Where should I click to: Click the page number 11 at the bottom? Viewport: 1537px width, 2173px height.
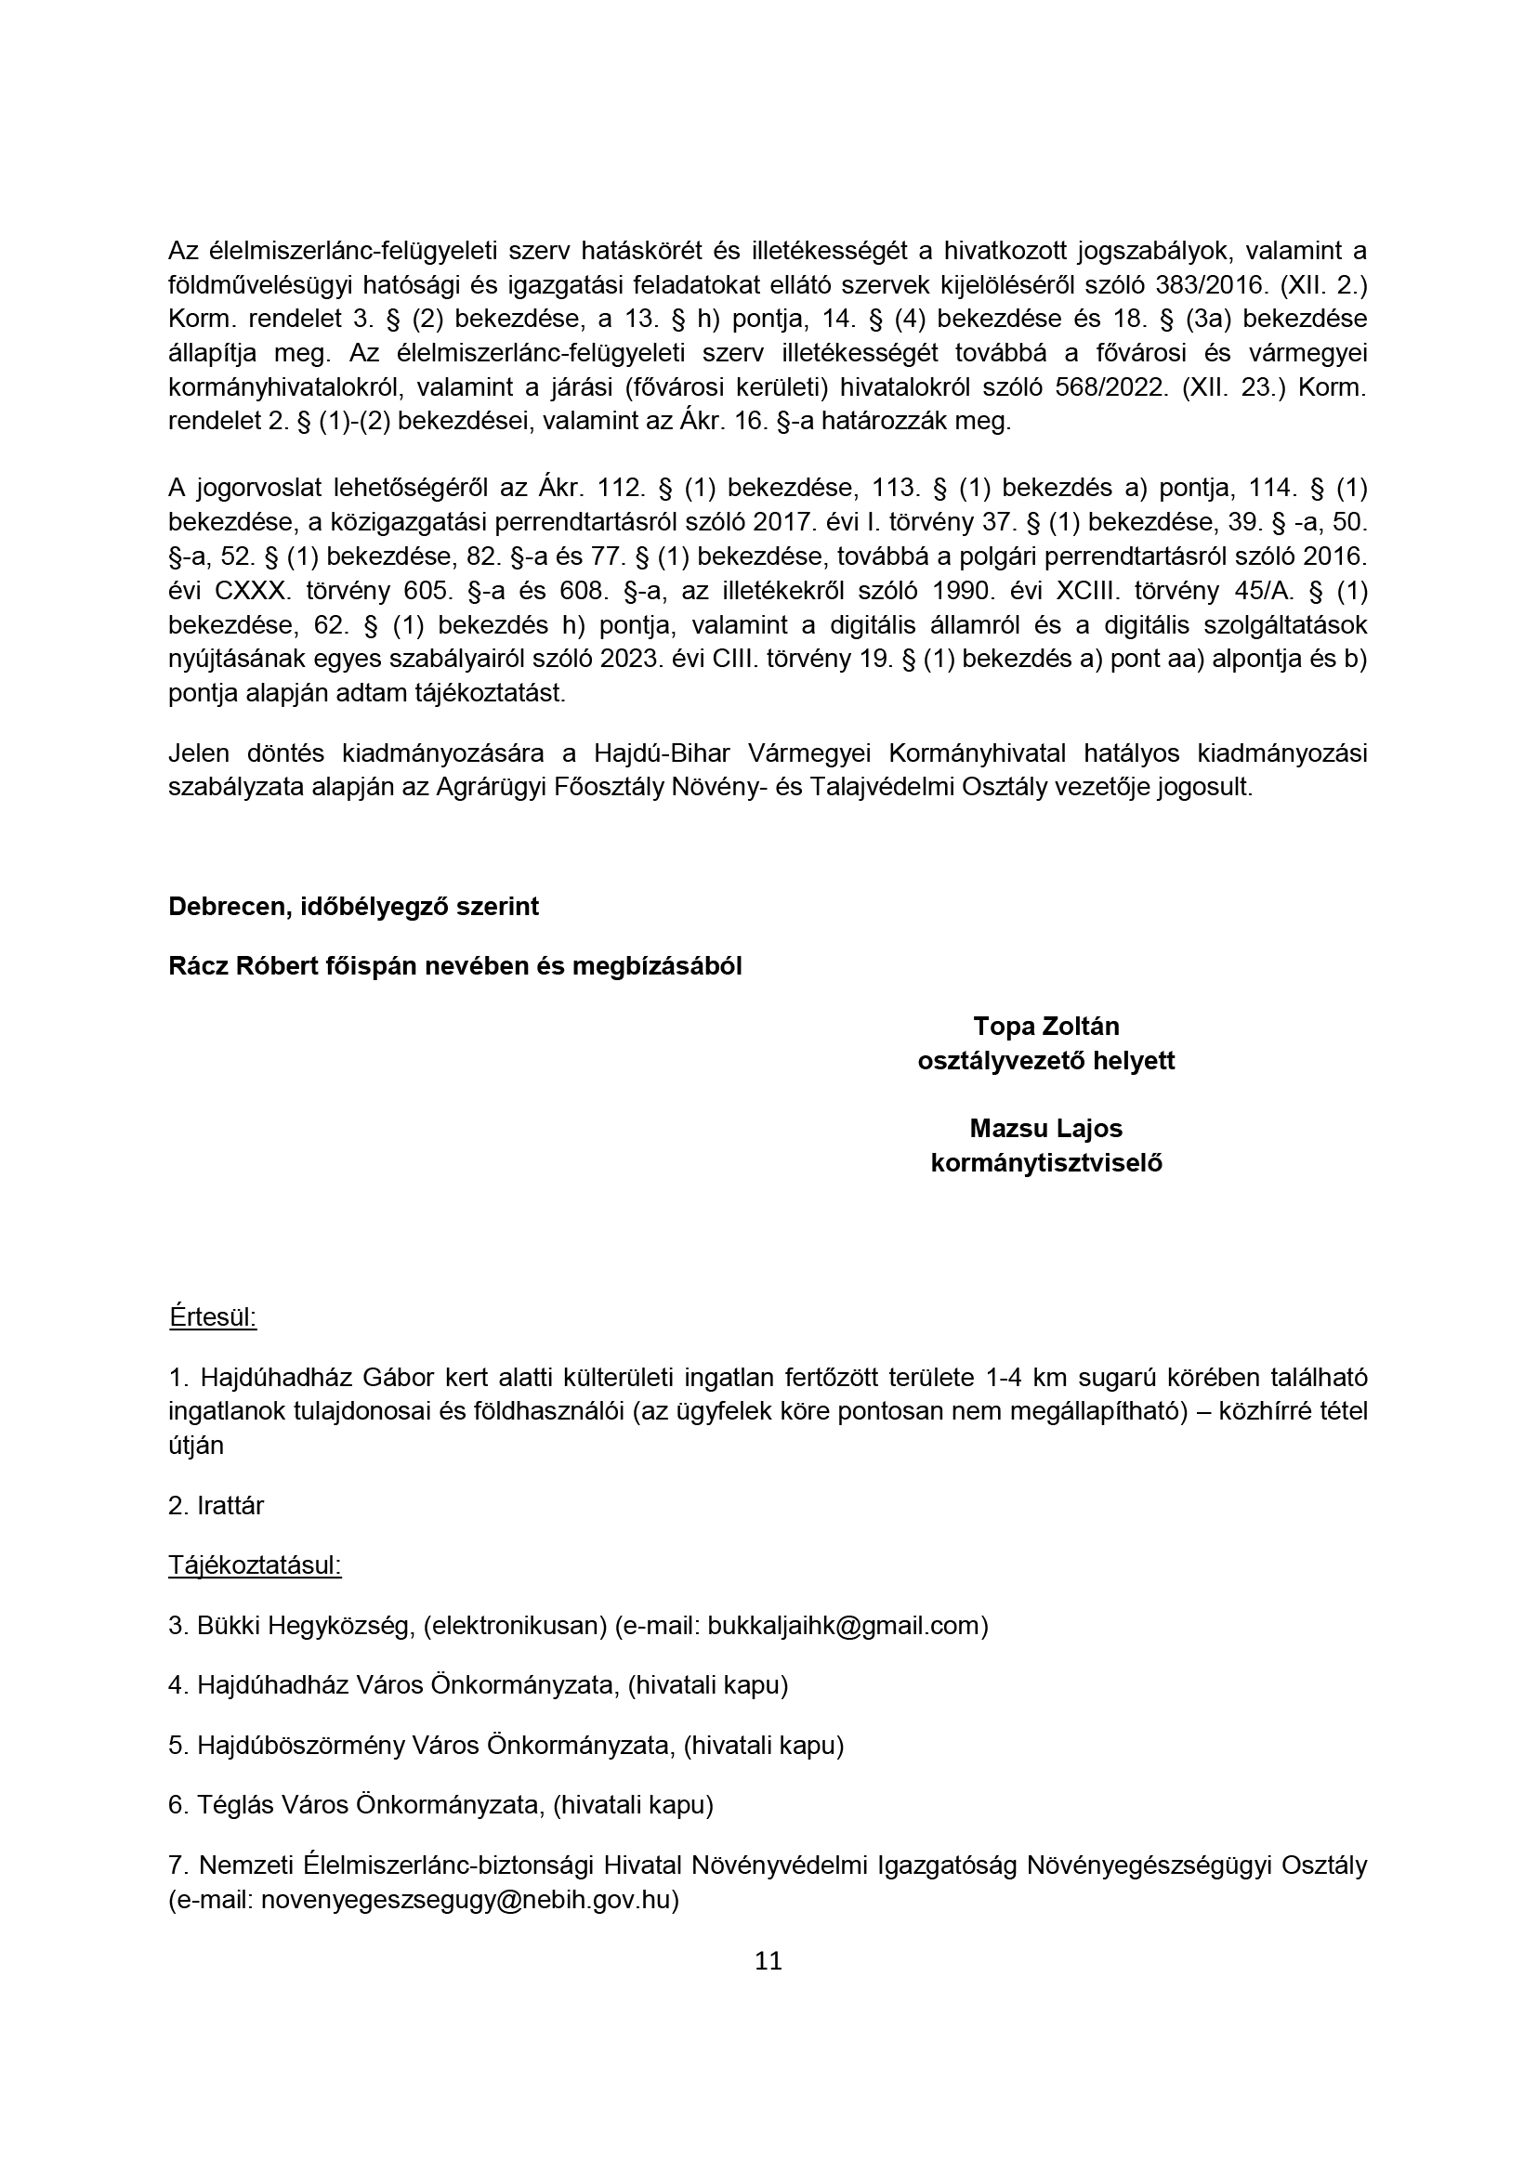click(x=768, y=1960)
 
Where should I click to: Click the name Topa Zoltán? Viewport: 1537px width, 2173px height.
click(x=1045, y=1026)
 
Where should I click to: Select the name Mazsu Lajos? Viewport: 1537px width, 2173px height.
click(x=1045, y=1128)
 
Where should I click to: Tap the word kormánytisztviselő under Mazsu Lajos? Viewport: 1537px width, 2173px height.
click(x=1045, y=1163)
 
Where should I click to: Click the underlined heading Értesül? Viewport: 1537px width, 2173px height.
click(x=213, y=1316)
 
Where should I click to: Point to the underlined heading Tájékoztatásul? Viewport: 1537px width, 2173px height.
click(x=255, y=1564)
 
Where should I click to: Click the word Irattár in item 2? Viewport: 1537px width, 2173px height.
click(x=231, y=1505)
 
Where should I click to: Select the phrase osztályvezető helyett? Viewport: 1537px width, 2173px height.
click(x=1045, y=1061)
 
